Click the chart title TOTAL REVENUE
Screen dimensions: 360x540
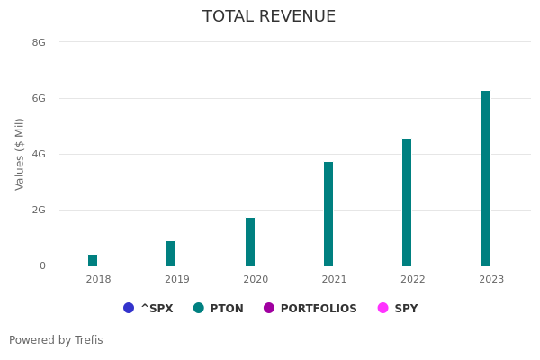pyautogui.click(x=269, y=16)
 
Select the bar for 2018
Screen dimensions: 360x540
pyautogui.click(x=93, y=260)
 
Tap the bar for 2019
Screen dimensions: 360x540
pyautogui.click(x=171, y=254)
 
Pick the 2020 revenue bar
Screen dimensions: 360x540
pyautogui.click(x=250, y=242)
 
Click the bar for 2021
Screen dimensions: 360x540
pyautogui.click(x=328, y=214)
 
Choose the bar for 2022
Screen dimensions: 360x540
pyautogui.click(x=407, y=202)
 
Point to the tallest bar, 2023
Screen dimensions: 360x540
pyautogui.click(x=486, y=178)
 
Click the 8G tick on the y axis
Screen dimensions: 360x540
pyautogui.click(x=39, y=42)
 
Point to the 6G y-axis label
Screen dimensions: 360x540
pyautogui.click(x=39, y=98)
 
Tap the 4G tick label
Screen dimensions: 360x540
pyautogui.click(x=39, y=154)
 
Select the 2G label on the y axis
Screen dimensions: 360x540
pyautogui.click(x=39, y=210)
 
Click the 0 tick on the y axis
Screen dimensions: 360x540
pyautogui.click(x=41, y=265)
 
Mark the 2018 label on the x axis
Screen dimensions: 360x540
pyautogui.click(x=98, y=280)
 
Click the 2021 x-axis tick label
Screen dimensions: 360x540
pyautogui.click(x=334, y=280)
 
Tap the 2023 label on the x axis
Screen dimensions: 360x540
pyautogui.click(x=491, y=280)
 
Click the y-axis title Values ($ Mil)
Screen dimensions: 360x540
pyautogui.click(x=20, y=154)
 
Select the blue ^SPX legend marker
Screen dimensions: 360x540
pyautogui.click(x=129, y=308)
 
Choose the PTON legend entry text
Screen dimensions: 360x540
pyautogui.click(x=227, y=309)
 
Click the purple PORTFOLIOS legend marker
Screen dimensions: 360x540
pyautogui.click(x=269, y=308)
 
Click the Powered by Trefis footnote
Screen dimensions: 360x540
pyautogui.click(x=56, y=340)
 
